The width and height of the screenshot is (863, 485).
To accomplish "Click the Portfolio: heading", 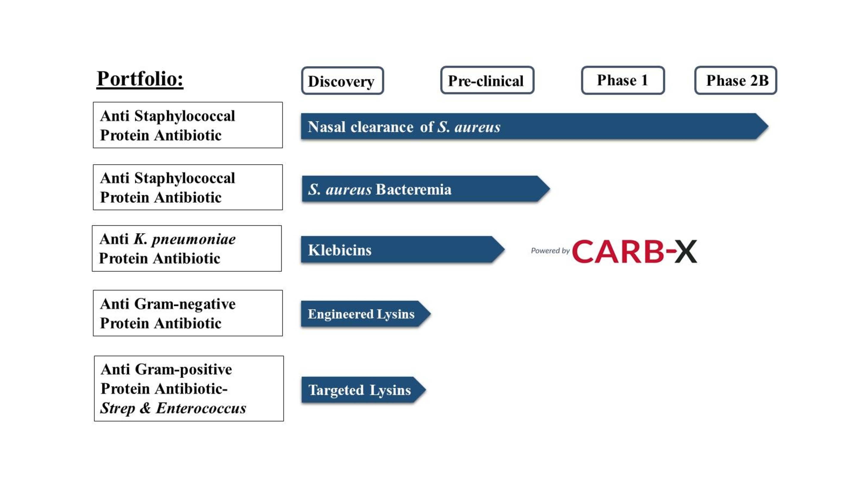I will point(140,79).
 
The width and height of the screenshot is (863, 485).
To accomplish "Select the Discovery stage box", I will point(342,81).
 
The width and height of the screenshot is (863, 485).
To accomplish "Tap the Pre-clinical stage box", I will point(487,80).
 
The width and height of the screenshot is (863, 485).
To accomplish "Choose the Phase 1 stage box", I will point(622,80).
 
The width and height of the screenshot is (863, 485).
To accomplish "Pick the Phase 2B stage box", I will point(735,80).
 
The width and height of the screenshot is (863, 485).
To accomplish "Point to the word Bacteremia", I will point(413,189).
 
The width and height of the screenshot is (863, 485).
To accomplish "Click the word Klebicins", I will point(339,250).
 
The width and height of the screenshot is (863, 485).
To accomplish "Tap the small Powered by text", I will point(550,251).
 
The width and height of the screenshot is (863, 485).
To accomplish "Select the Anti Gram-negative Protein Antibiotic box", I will point(188,313).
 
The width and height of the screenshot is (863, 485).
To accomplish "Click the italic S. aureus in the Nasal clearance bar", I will point(469,127).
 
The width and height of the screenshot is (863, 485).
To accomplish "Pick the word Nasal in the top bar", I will point(326,127).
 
